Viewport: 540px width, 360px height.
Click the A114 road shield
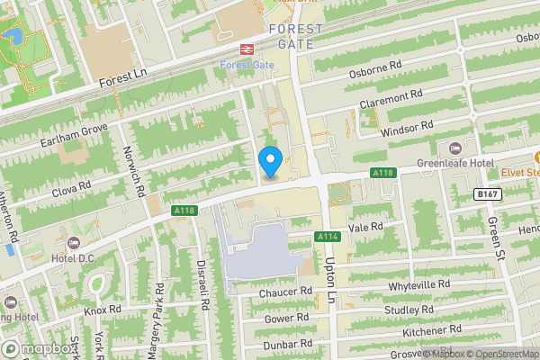coord(326,237)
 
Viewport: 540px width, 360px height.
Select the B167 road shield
coord(487,194)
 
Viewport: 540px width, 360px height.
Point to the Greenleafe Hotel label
coord(456,163)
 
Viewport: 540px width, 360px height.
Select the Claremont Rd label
coord(391,99)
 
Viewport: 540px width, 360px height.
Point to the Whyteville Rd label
coord(425,285)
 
